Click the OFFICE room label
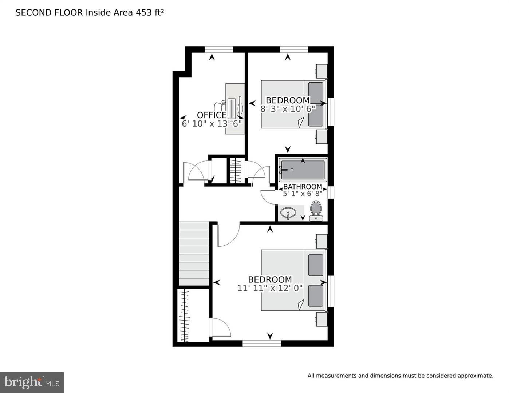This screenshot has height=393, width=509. (x=212, y=115)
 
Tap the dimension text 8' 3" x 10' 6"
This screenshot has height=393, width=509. (x=288, y=108)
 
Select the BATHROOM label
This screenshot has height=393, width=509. (x=303, y=187)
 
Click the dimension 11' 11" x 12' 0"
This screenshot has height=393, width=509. (x=270, y=288)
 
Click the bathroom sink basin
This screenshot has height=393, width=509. (x=289, y=212)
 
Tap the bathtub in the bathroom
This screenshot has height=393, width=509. (x=303, y=170)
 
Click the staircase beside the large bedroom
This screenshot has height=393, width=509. (x=194, y=254)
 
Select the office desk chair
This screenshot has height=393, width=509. (x=220, y=106)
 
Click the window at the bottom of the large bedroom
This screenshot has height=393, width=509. (x=262, y=343)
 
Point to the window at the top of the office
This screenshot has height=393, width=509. (x=218, y=49)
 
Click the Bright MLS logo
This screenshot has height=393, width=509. (x=32, y=382)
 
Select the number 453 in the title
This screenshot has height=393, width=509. (x=144, y=12)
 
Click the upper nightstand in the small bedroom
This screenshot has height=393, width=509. (x=321, y=71)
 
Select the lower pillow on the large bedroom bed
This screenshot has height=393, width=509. (x=316, y=296)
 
